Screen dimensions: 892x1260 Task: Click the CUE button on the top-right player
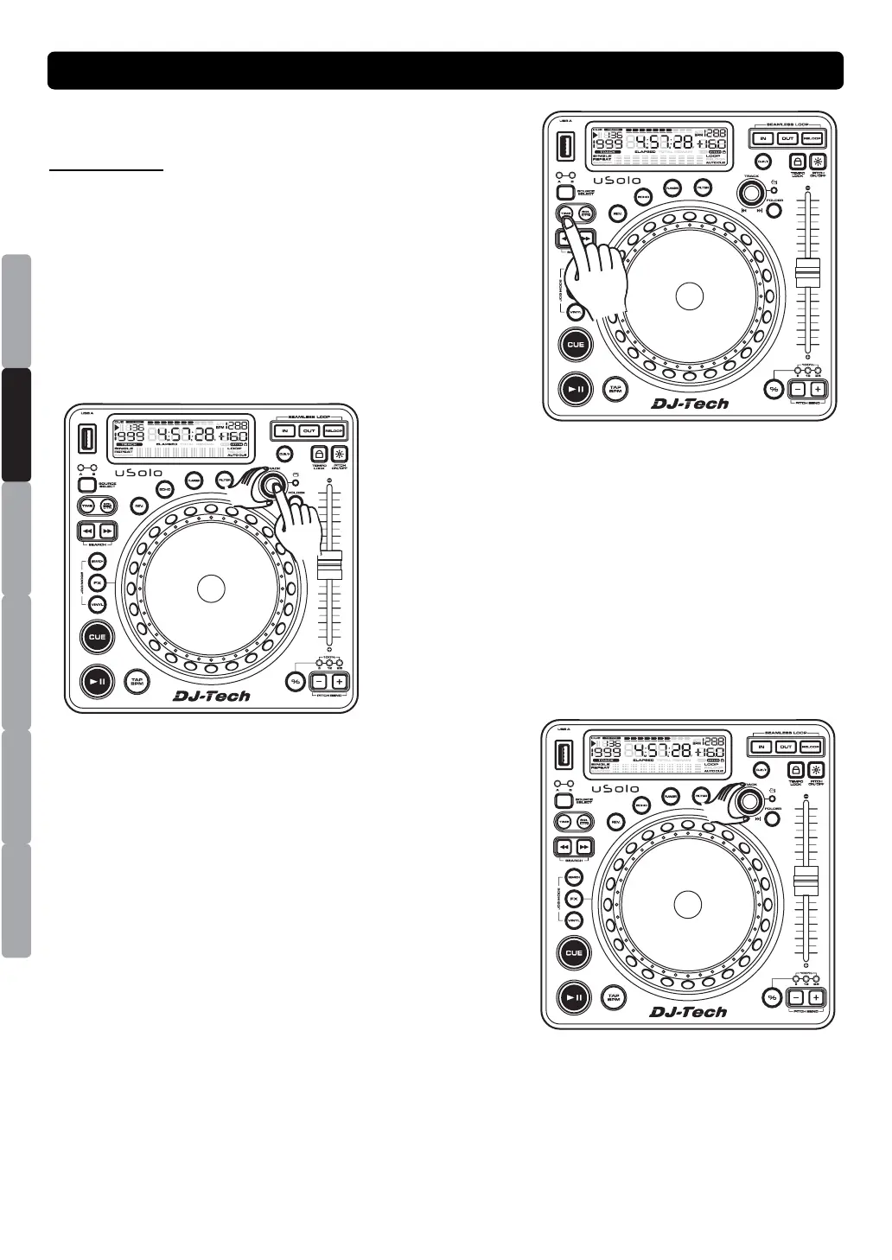coord(575,344)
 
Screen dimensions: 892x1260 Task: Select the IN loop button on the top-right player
coord(762,138)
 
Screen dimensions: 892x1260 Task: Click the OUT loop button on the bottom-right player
coord(786,747)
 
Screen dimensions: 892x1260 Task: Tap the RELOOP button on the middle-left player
coord(334,430)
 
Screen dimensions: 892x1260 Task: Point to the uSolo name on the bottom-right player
coord(616,789)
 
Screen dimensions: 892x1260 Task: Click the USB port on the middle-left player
coord(86,440)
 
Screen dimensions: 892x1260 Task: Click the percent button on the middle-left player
coord(296,681)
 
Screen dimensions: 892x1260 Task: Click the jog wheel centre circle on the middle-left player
coord(211,588)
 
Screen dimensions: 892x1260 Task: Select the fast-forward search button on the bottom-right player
coord(584,847)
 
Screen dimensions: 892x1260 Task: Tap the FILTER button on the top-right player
coord(704,188)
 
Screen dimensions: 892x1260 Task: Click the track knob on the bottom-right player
coord(749,799)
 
